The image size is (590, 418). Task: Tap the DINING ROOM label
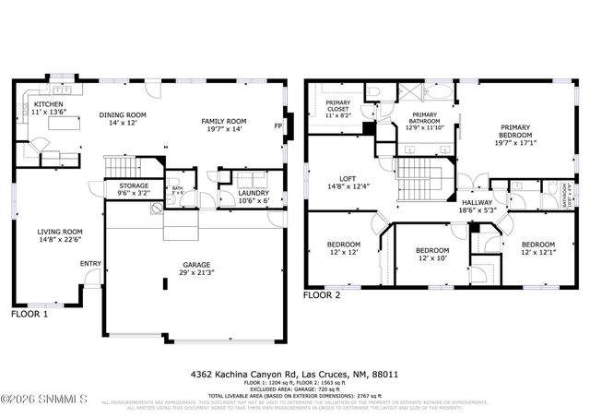pyautogui.click(x=124, y=118)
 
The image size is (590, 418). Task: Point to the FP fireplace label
pyautogui.click(x=278, y=125)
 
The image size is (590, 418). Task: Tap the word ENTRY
pyautogui.click(x=90, y=264)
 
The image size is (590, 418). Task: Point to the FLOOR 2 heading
pyautogui.click(x=323, y=295)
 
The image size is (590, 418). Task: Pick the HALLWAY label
pyautogui.click(x=477, y=206)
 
